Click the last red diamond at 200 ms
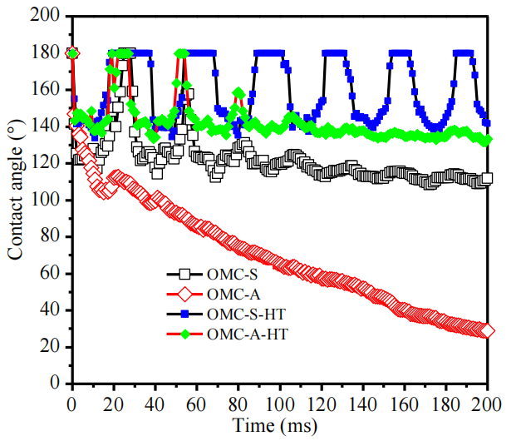tap(487, 331)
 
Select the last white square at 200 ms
tap(487, 178)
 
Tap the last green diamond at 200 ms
tap(487, 139)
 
